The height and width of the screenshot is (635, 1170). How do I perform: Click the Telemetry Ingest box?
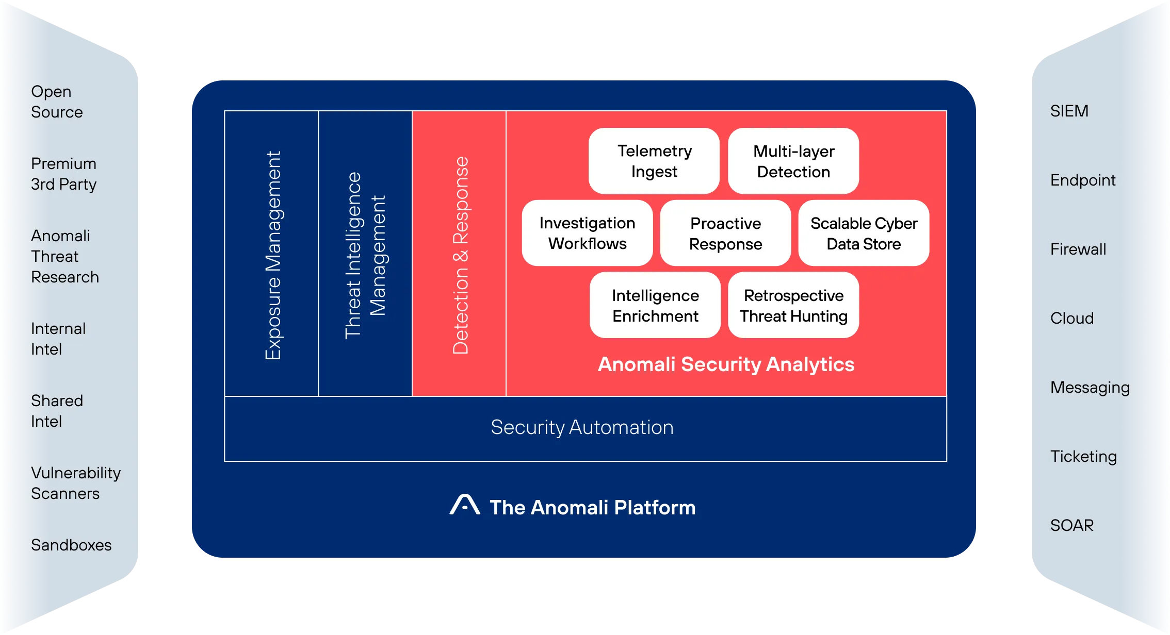pos(654,161)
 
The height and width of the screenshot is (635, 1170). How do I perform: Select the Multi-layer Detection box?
pos(793,161)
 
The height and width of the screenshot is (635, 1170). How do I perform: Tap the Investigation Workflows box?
pos(587,233)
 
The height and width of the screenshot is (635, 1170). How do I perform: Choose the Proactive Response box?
pos(725,233)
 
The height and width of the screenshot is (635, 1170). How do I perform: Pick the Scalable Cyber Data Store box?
pos(864,233)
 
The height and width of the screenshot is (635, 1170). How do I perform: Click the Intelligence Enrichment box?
pos(655,305)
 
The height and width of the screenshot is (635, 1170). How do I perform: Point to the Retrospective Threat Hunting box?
pos(793,305)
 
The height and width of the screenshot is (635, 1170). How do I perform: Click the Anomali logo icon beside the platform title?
pos(465,505)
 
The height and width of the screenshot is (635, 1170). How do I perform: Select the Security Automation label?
pos(582,427)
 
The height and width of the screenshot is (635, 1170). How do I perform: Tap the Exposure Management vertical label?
pos(272,255)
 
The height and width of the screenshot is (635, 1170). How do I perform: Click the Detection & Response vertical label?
pos(460,255)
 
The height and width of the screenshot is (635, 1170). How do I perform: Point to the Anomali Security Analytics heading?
pos(726,364)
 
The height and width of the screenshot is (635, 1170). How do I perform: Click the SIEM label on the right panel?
pos(1069,111)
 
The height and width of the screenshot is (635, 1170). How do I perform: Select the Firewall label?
pos(1078,249)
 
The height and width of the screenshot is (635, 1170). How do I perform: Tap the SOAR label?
pos(1072,525)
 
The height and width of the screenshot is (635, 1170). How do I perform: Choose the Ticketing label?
pos(1083,456)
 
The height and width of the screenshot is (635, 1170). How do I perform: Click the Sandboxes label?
pos(71,545)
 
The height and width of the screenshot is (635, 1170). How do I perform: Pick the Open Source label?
pos(57,102)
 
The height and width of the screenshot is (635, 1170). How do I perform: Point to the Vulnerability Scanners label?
pos(75,483)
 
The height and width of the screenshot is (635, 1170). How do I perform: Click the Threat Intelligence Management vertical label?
pos(365,255)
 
